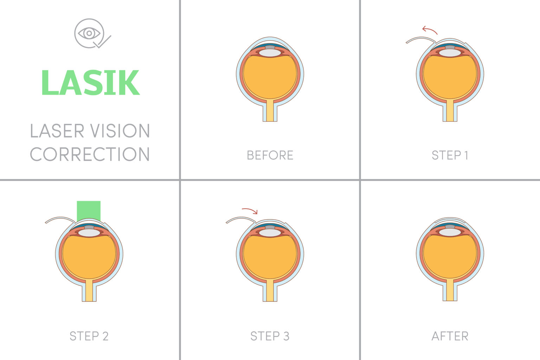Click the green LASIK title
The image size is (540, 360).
click(x=90, y=83)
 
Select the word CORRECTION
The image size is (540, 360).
click(x=90, y=155)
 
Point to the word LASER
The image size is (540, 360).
click(x=57, y=131)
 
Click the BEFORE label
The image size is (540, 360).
click(x=270, y=155)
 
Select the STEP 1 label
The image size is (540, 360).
click(x=450, y=155)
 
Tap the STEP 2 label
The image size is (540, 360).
click(x=89, y=336)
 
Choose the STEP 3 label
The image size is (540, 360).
click(x=270, y=336)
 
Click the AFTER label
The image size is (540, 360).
click(x=450, y=336)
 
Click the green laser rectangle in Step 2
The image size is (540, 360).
click(x=89, y=211)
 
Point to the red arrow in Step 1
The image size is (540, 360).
click(x=430, y=30)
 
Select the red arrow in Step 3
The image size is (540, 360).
click(x=250, y=211)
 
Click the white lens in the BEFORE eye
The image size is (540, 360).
click(x=270, y=53)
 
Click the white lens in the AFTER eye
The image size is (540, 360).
click(x=450, y=232)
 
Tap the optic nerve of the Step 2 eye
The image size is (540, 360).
click(x=89, y=291)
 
